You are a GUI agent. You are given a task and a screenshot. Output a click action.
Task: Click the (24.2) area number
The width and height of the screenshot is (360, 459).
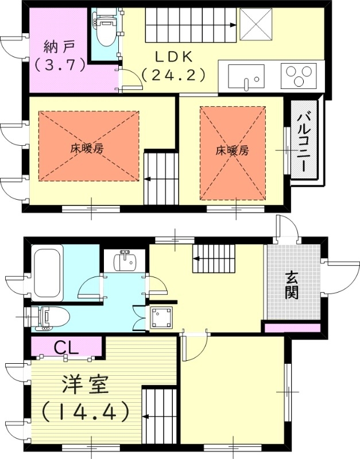(172, 75)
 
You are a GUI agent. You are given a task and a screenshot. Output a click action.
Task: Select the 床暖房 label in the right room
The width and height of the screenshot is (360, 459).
(232, 151)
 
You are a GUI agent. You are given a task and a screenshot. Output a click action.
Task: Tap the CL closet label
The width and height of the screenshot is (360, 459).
(66, 347)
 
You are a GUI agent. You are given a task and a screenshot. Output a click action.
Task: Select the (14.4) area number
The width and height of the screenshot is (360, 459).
(84, 411)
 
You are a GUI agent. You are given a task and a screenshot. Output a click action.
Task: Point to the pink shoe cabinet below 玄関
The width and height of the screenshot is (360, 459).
(291, 328)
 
